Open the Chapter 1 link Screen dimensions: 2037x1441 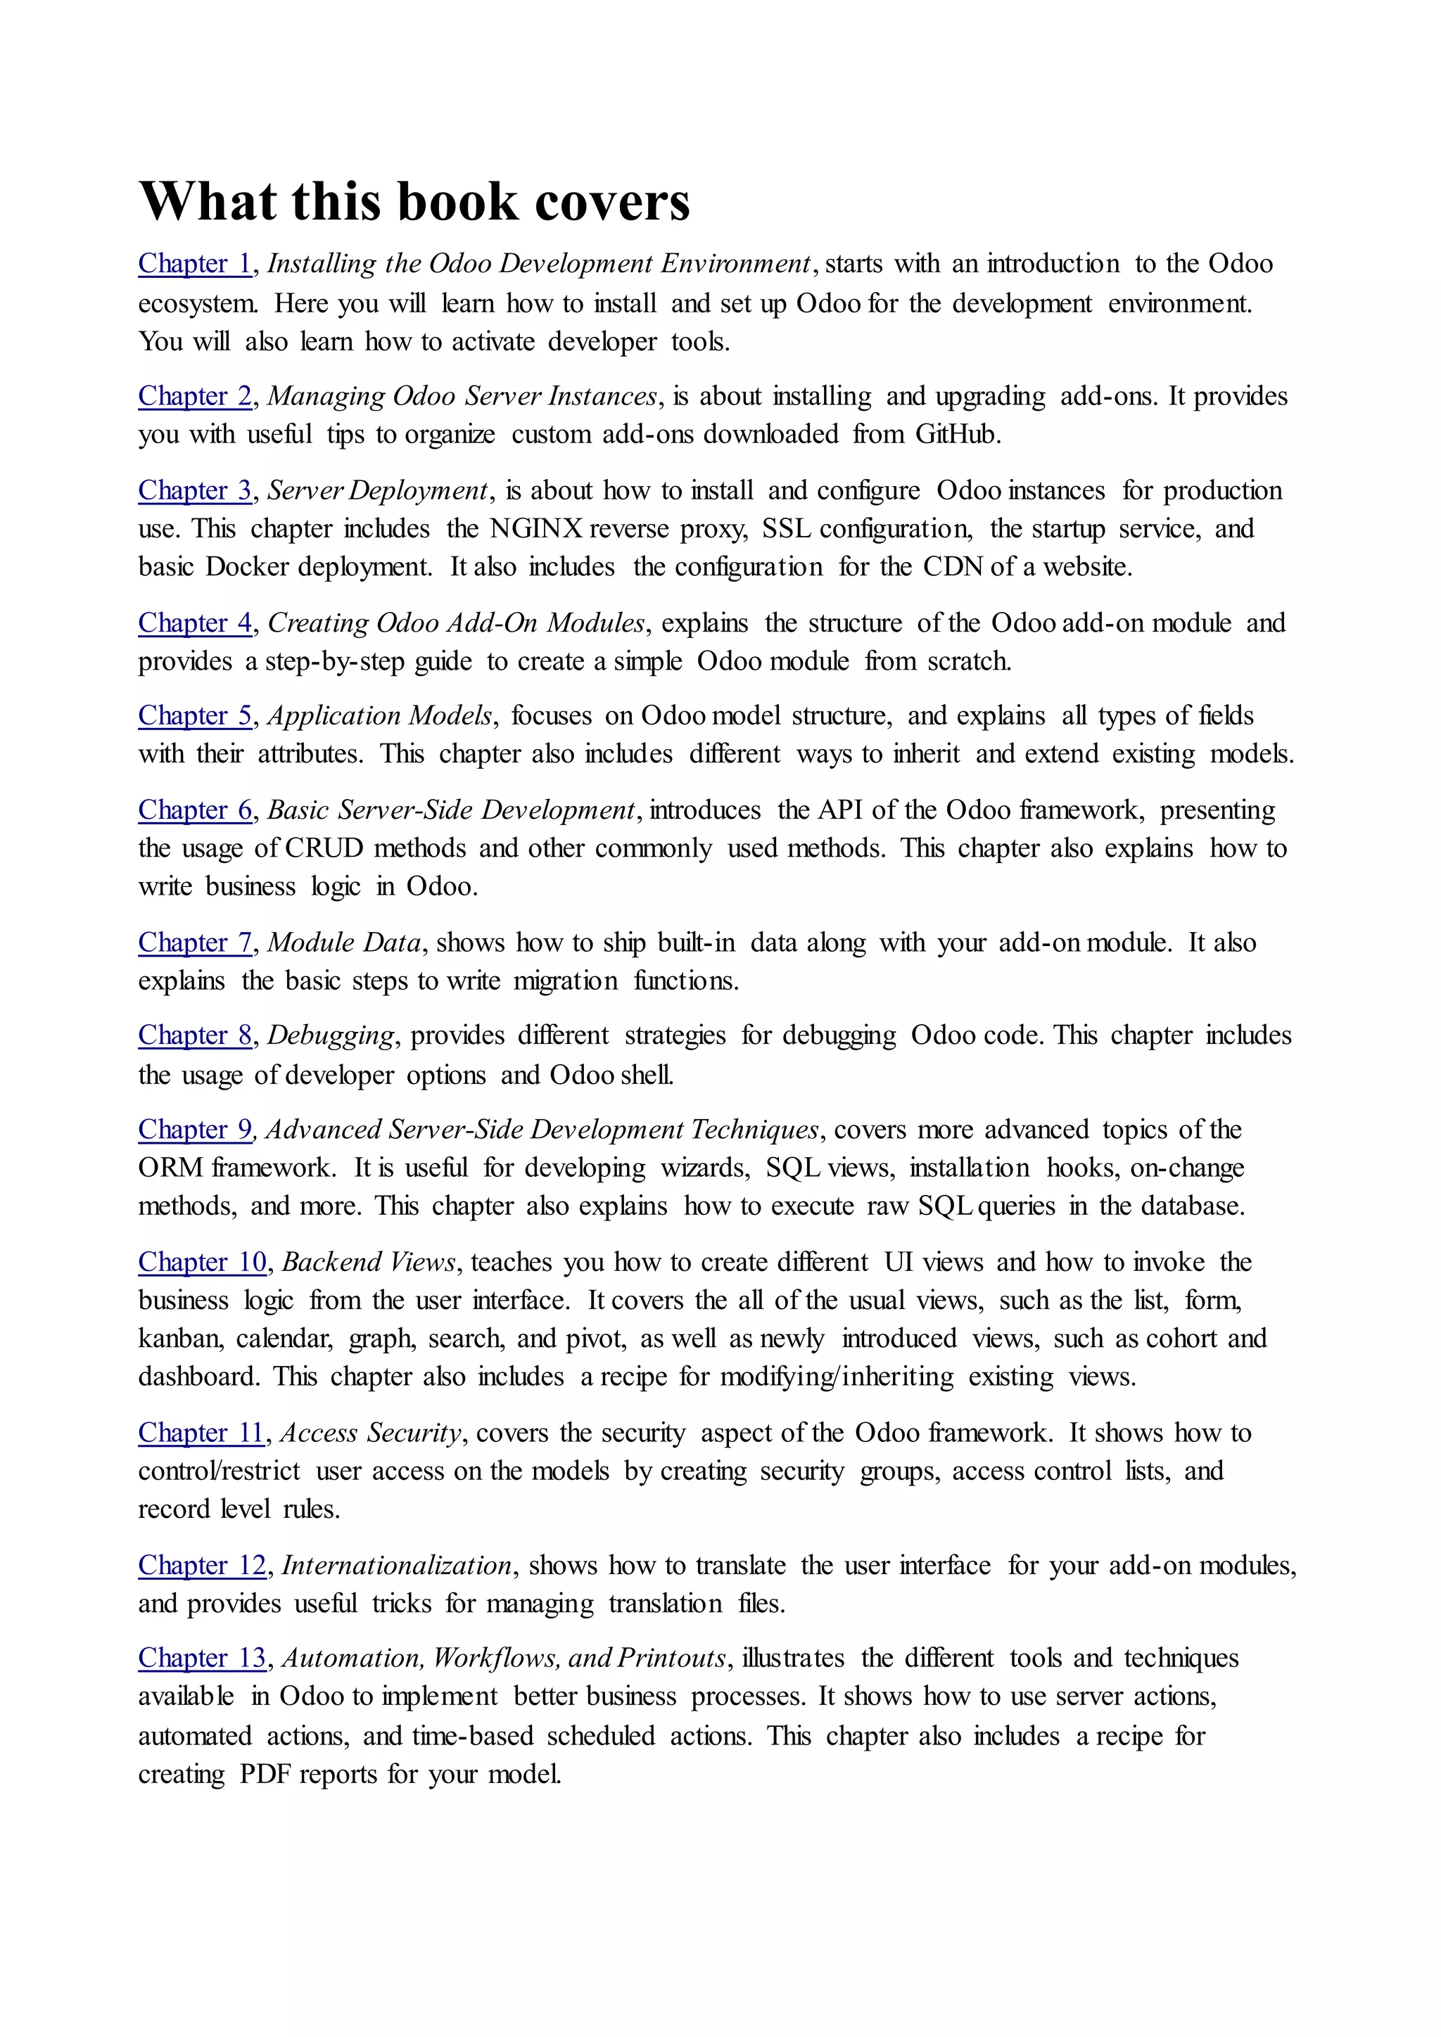195,264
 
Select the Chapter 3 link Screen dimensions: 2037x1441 195,491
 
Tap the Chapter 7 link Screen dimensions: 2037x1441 195,943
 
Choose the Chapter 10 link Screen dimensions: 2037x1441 203,1262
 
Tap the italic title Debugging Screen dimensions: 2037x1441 331,1035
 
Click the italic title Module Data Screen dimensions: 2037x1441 344,943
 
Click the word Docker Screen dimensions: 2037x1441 248,567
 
